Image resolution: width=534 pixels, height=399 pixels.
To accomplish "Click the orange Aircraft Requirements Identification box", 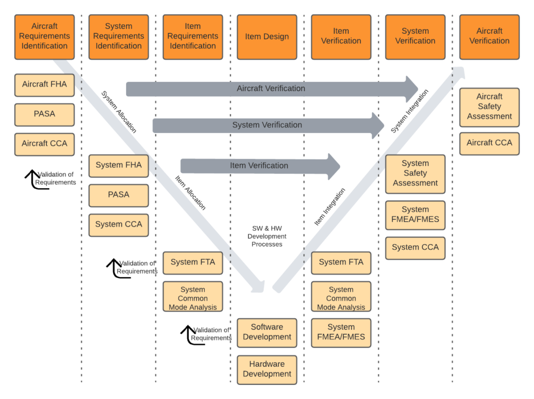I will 45,36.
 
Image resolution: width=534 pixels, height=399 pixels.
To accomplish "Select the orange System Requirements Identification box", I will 119,36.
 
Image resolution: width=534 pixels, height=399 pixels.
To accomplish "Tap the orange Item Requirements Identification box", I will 193,36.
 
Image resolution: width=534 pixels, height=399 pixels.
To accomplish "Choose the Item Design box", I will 267,36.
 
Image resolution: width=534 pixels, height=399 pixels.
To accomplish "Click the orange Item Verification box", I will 341,36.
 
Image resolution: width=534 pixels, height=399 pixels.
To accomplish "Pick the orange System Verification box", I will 415,36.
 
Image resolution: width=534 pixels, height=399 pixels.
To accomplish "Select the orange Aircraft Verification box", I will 489,36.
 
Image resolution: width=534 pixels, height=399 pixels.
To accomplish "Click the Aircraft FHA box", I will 45,84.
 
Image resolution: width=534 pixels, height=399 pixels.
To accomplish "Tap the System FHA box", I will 119,165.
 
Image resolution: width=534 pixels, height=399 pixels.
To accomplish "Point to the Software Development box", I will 267,332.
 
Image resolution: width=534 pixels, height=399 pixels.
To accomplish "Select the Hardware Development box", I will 267,369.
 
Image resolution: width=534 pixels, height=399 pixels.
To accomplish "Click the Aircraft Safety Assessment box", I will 489,107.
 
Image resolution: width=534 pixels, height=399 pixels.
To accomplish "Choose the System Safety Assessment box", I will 415,174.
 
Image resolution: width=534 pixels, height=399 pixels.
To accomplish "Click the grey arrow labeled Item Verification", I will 259,166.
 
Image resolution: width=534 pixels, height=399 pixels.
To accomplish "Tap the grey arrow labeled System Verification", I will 268,125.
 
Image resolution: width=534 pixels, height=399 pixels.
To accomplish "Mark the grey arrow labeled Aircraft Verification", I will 271,89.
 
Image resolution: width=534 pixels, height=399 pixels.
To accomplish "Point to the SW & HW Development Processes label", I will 267,236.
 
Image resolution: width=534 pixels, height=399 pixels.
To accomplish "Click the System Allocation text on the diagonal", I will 119,112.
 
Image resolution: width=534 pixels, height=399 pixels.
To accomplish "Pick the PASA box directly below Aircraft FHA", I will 45,114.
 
